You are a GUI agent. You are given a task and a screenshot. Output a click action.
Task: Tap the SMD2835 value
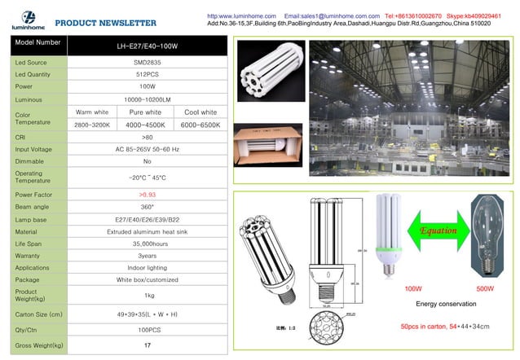[x=147, y=62]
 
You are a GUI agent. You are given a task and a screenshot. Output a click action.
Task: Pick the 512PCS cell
[x=147, y=74]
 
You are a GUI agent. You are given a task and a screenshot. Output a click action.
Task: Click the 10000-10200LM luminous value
[x=147, y=99]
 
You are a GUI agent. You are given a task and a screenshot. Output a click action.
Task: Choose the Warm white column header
[x=92, y=112]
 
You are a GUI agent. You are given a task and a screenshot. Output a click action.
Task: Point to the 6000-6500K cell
[x=199, y=125]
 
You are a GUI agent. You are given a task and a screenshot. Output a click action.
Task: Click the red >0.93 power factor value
[x=147, y=195]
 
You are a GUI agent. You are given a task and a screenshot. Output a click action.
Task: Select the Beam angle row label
[x=29, y=208]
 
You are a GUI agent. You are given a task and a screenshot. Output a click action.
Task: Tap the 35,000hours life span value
[x=147, y=244]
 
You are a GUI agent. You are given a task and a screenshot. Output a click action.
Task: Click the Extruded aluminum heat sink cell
[x=147, y=232]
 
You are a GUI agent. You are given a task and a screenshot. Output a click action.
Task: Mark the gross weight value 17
[x=147, y=345]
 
